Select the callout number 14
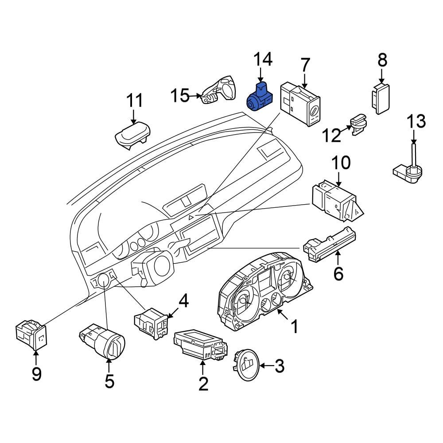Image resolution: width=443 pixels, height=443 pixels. click(x=263, y=60)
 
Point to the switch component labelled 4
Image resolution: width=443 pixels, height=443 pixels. click(x=152, y=323)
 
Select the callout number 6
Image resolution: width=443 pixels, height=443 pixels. click(x=338, y=274)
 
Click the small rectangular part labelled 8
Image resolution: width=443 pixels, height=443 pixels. click(x=381, y=97)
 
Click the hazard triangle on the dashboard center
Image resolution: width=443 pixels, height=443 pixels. click(x=192, y=217)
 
